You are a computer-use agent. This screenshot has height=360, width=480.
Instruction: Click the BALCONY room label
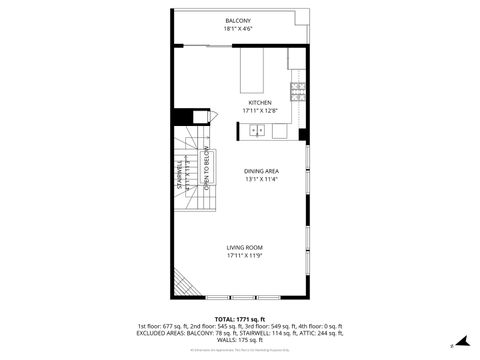(238, 21)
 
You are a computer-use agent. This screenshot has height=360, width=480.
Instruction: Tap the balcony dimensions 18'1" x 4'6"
(238, 29)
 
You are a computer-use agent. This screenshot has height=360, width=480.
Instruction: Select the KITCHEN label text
(260, 103)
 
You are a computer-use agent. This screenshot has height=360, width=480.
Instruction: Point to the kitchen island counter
(251, 71)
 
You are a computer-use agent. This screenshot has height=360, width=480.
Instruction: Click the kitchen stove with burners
(297, 93)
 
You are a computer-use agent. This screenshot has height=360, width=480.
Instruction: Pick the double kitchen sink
(258, 130)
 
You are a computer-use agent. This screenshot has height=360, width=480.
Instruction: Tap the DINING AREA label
(261, 171)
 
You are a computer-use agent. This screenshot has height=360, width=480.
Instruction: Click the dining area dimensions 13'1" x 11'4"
(261, 179)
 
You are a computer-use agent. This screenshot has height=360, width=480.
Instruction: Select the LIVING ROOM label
(244, 247)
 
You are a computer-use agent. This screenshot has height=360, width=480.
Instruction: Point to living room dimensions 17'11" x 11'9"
(244, 255)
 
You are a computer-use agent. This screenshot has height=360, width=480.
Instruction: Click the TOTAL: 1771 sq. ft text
(239, 319)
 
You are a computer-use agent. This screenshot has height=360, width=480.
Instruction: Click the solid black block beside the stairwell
(182, 116)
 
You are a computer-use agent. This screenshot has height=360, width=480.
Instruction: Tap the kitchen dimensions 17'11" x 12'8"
(260, 111)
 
